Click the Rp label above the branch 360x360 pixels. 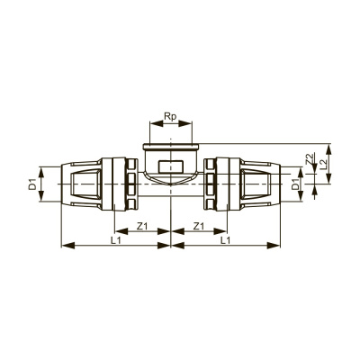[169, 117]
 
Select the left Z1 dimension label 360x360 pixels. [141, 226]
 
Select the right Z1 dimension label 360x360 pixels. [201, 226]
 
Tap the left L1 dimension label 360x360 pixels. [114, 242]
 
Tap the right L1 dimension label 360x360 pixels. [227, 242]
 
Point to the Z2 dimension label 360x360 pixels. [310, 159]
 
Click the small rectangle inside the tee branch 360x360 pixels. [169, 166]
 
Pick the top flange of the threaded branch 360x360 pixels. [169, 145]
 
